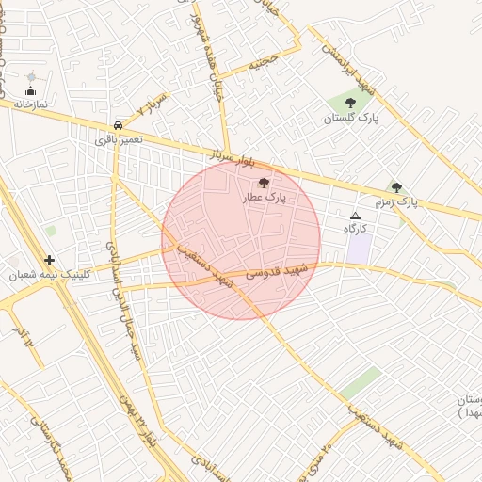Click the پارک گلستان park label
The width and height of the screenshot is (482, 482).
point(350,119)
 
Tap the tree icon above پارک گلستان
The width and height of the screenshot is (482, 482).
point(350,103)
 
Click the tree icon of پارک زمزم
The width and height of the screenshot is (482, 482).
point(396,187)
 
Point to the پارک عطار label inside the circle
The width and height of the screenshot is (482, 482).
point(263,198)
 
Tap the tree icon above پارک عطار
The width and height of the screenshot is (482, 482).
point(263,184)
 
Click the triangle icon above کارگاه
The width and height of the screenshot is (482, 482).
point(355,216)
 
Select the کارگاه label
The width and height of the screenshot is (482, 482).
point(355,229)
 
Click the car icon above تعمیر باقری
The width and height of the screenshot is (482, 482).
point(118,124)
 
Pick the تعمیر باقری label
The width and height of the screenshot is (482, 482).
point(118,138)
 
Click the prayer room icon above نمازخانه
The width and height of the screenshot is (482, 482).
point(31,90)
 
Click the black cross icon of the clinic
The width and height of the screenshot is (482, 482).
point(49,260)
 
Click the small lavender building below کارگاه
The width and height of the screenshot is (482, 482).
point(359,249)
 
